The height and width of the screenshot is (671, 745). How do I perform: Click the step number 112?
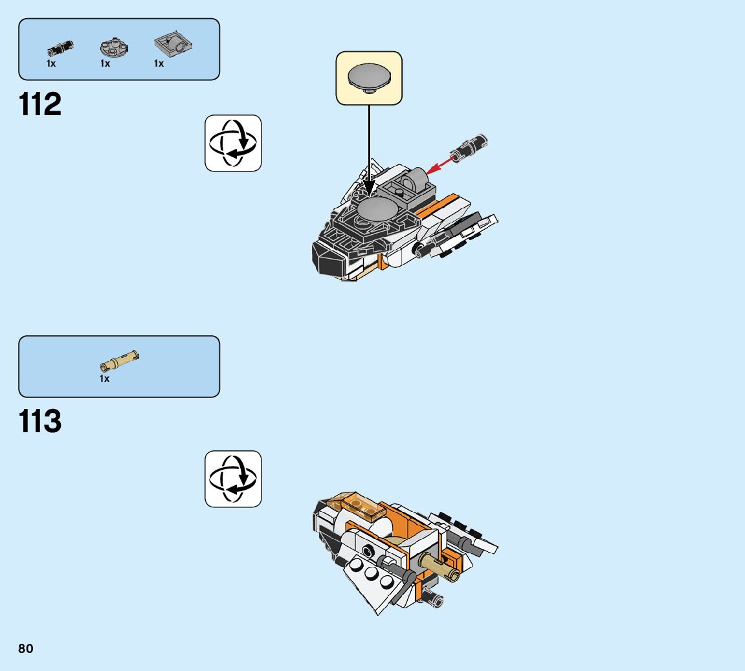41,104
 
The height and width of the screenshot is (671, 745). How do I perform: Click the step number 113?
41,421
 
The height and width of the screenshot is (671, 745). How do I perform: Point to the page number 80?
26,648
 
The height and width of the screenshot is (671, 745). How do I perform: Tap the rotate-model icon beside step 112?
233,143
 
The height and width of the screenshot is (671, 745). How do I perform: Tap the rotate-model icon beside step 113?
233,479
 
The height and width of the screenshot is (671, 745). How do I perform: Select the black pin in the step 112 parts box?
60,47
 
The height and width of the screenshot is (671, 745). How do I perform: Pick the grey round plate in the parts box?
114,47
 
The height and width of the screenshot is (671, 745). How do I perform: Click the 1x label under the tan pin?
105,379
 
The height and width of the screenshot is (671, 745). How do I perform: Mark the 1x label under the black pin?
51,63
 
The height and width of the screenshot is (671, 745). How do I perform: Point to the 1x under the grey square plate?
159,63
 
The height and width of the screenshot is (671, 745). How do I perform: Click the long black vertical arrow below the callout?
369,142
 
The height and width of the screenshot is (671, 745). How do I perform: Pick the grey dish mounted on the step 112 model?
373,209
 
